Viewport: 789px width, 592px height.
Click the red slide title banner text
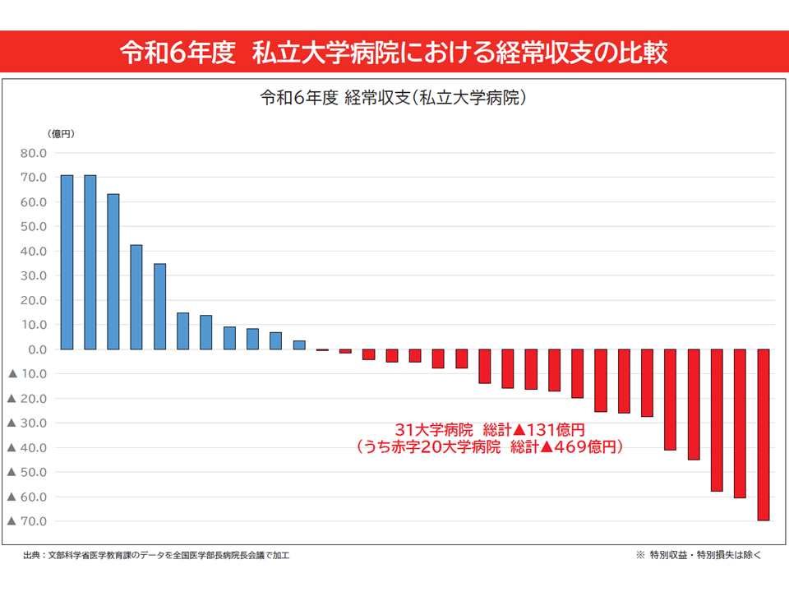(x=394, y=53)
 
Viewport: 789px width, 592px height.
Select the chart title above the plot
(x=394, y=98)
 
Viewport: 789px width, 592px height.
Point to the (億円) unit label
(x=61, y=133)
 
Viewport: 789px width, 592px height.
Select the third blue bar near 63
(x=113, y=271)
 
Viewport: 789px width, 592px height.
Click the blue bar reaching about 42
(x=136, y=297)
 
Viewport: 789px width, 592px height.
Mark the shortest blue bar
(x=299, y=345)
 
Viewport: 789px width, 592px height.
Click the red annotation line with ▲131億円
(x=489, y=430)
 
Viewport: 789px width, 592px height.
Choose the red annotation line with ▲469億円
(x=489, y=447)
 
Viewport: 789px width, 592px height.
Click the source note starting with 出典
(x=156, y=556)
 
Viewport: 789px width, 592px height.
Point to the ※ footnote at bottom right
(x=699, y=556)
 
